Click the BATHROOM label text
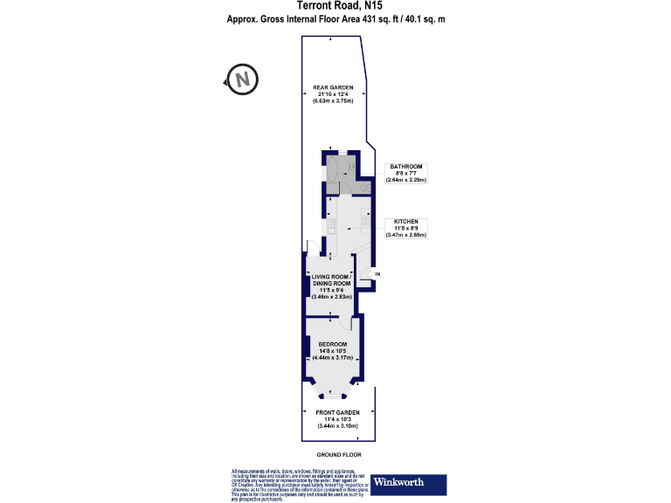(x=406, y=166)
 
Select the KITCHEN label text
(x=406, y=221)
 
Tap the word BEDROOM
(x=332, y=344)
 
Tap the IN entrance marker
(x=377, y=275)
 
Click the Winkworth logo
(x=409, y=482)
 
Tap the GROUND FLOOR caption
(x=339, y=456)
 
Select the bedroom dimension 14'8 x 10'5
(x=332, y=351)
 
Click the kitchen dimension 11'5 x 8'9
(x=406, y=228)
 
